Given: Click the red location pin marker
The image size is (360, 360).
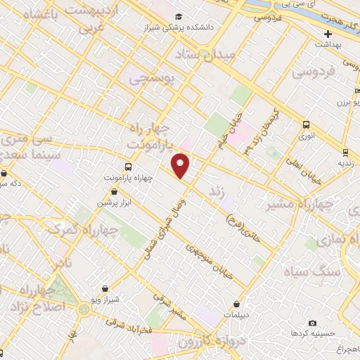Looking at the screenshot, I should coord(181,165).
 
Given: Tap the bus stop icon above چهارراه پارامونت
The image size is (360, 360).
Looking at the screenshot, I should coord(128,167).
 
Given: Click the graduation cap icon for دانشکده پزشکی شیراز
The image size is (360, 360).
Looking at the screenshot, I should coord(179,16).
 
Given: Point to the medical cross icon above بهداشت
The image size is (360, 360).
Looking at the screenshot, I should coord(328,34).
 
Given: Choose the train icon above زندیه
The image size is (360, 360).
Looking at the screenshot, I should coord(345,152).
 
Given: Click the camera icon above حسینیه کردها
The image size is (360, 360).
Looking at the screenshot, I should coord(312,322).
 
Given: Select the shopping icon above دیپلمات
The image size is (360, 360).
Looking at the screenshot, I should coord(236,304).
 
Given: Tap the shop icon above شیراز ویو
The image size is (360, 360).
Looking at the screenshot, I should coord(105,288).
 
